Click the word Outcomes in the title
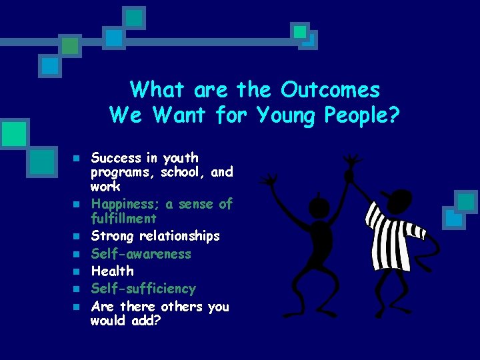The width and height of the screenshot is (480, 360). coord(330,89)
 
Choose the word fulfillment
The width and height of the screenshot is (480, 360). coord(124,219)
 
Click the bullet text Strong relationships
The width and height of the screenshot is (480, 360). coord(155,236)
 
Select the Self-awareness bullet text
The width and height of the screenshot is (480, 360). coord(141,254)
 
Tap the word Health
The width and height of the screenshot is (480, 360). coord(112,271)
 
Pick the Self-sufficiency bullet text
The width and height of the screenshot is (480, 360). coord(143,289)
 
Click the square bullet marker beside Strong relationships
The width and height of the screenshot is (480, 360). coord(77,237)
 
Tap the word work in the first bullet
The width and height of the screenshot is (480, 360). coord(105,187)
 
